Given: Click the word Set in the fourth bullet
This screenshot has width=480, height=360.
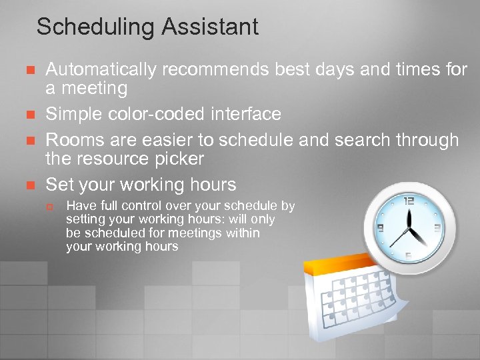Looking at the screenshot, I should (x=59, y=184).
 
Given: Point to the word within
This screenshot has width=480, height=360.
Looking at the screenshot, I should (x=241, y=233).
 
